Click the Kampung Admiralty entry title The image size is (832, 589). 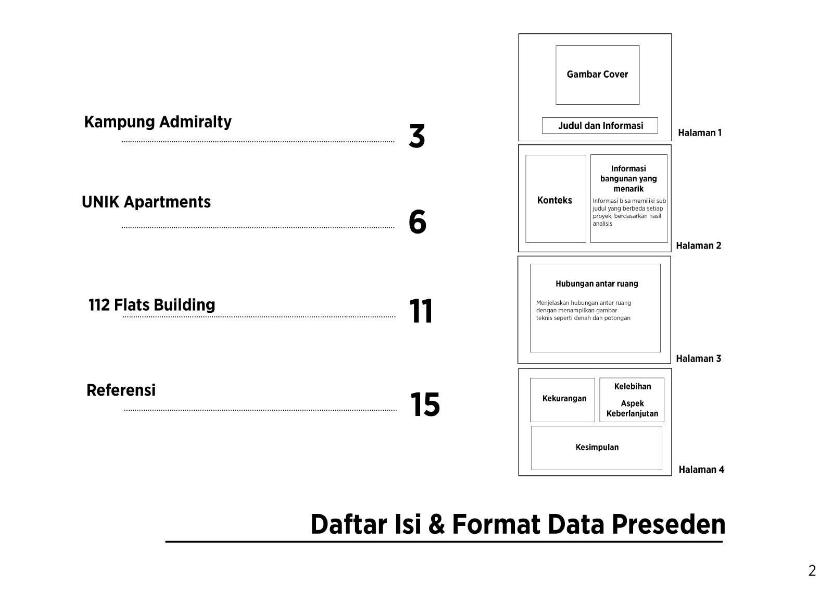pos(158,122)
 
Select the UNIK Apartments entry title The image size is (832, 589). pos(146,202)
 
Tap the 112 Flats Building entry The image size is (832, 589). pos(152,305)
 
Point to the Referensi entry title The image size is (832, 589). pos(121,390)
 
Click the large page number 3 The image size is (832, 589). pos(417,137)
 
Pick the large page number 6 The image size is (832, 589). pos(417,222)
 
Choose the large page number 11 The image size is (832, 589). pos(421,312)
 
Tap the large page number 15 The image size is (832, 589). pos(425,404)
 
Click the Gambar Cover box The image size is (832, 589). pos(597,75)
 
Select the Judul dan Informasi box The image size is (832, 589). pos(600,126)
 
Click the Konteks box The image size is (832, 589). pos(555,200)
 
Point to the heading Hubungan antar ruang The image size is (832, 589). pos(596,284)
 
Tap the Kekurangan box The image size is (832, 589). pos(563,399)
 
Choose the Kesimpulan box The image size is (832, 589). pos(597,447)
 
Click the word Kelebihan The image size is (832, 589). pos(632,387)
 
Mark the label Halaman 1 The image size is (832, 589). pos(699,133)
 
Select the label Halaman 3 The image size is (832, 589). pos(698,359)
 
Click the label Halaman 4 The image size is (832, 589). pos(701,470)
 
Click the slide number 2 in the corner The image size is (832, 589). pos(812,571)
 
